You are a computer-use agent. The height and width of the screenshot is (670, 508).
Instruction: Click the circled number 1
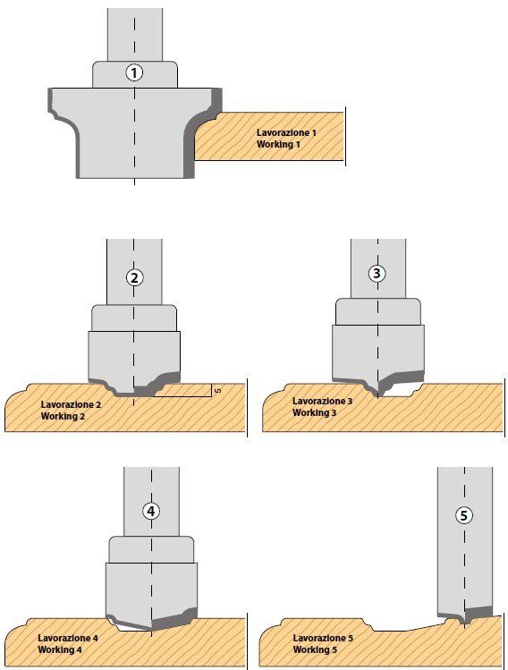click(134, 72)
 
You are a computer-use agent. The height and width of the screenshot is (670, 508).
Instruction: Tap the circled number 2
click(134, 277)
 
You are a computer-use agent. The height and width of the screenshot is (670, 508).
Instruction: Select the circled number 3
click(377, 273)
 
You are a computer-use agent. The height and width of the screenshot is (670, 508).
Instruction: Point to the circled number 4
click(151, 511)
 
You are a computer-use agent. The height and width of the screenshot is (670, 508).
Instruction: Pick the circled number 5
click(464, 515)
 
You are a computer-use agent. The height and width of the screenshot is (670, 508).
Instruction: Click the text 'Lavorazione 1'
click(286, 133)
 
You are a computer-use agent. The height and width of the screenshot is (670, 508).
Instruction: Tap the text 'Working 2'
click(63, 416)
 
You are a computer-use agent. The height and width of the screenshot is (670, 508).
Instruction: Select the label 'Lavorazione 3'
click(322, 402)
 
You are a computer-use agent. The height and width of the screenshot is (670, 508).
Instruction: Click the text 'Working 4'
click(60, 650)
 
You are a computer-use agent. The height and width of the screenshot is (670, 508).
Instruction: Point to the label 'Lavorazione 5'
click(323, 639)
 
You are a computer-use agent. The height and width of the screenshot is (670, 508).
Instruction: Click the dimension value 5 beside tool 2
click(218, 390)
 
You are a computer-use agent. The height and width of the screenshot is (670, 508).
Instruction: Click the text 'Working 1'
click(278, 144)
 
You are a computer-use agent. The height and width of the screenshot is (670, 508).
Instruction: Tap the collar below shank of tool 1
click(135, 75)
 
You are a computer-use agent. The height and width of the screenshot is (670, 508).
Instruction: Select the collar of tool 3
click(378, 311)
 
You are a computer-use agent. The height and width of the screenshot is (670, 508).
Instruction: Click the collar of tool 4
click(151, 549)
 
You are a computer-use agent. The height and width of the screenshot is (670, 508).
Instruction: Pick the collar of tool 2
click(134, 318)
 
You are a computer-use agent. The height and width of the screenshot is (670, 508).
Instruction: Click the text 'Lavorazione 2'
click(71, 404)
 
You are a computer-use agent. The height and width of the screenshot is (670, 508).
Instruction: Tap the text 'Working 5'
click(315, 650)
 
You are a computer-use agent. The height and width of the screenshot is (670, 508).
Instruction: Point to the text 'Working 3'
click(315, 412)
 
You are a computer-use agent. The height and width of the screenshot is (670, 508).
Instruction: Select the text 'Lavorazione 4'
click(67, 639)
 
